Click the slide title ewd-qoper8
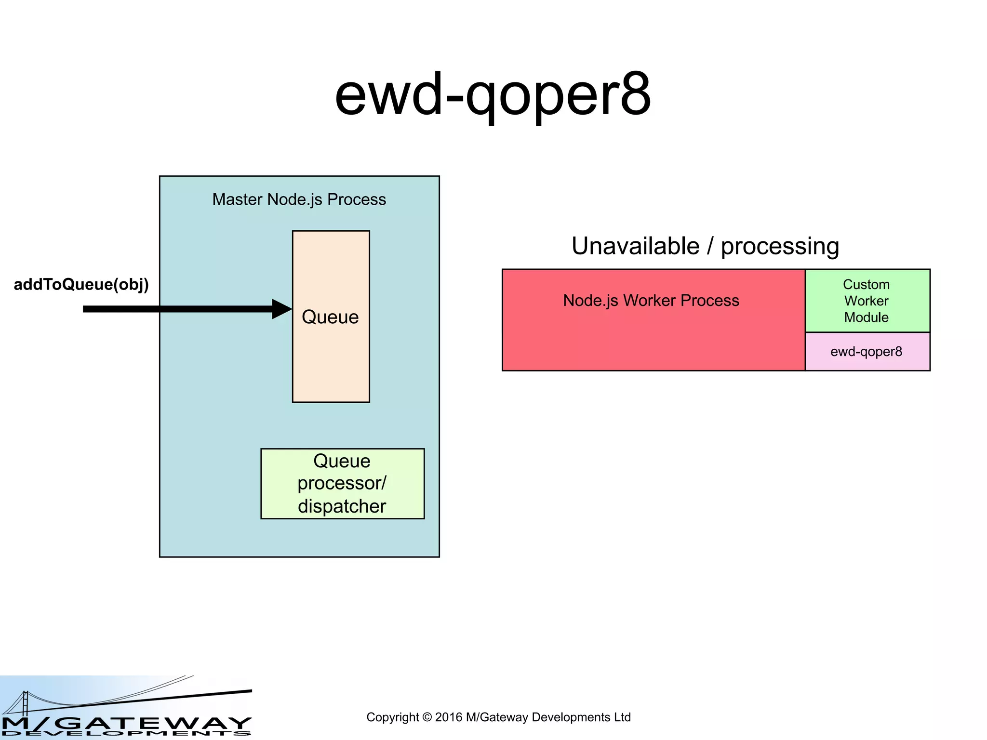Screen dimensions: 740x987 click(x=493, y=95)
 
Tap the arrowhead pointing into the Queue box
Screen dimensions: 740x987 click(x=282, y=309)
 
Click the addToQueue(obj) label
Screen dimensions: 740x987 click(x=81, y=284)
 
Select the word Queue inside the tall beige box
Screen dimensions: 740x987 click(x=330, y=317)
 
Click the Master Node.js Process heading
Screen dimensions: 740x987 click(x=299, y=199)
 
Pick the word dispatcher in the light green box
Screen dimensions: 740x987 click(x=342, y=506)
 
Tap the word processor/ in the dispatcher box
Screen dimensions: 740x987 click(x=342, y=483)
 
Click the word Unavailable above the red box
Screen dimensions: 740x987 click(x=635, y=246)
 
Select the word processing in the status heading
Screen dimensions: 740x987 click(x=780, y=246)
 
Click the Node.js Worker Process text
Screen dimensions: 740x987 click(x=651, y=301)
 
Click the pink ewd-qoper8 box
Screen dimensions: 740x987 click(x=867, y=352)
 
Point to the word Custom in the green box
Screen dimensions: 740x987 click(x=866, y=284)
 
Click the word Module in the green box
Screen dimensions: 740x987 click(x=866, y=317)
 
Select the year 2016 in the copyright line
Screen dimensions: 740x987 click(x=449, y=717)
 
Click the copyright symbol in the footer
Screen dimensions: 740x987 click(x=427, y=717)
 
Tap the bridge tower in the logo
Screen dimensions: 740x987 click(x=25, y=703)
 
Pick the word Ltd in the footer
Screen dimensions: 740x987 click(x=622, y=717)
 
